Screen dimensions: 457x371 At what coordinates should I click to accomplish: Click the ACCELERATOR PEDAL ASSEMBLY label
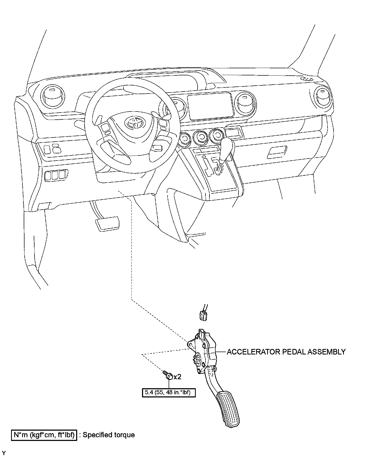click(286, 352)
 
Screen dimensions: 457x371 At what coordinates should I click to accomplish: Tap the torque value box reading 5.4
click(169, 392)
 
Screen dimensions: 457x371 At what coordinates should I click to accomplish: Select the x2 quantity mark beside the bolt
click(177, 377)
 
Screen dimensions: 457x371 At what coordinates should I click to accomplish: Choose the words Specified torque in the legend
click(109, 435)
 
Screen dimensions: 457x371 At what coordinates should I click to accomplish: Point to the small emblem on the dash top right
click(307, 79)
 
